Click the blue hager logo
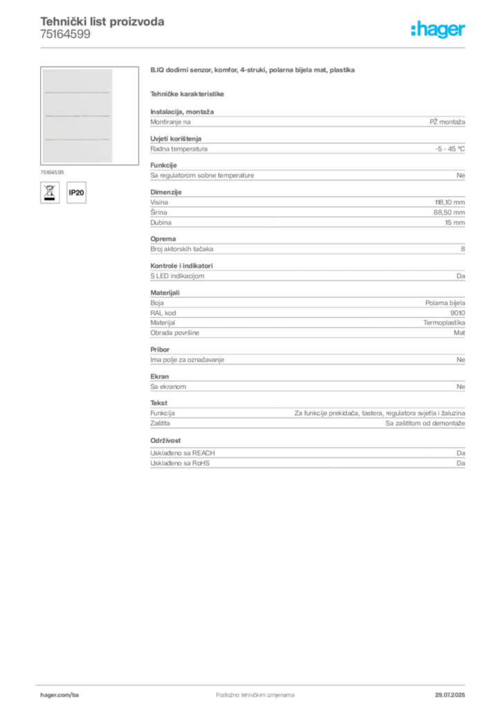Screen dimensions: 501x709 pyautogui.click(x=439, y=30)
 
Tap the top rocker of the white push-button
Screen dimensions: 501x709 pyautogui.click(x=78, y=80)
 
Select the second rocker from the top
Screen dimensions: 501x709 pyautogui.click(x=78, y=104)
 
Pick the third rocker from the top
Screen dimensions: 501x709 pyautogui.click(x=78, y=127)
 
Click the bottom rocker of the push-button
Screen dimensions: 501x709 pyautogui.click(x=78, y=151)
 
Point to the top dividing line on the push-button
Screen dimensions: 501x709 pyautogui.click(x=78, y=92)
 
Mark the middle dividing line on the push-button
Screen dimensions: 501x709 pyautogui.click(x=78, y=116)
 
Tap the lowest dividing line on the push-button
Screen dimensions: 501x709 pyautogui.click(x=78, y=139)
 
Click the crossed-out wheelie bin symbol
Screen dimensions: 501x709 pyautogui.click(x=49, y=190)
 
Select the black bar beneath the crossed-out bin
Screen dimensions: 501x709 pyautogui.click(x=49, y=199)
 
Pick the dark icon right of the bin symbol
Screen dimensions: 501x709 pyautogui.click(x=78, y=192)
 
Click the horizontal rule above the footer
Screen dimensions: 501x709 pyautogui.click(x=255, y=684)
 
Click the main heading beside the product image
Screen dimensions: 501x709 pyautogui.click(x=255, y=71)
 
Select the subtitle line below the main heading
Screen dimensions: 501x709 pyautogui.click(x=188, y=93)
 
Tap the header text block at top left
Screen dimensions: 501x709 pyautogui.click(x=102, y=28)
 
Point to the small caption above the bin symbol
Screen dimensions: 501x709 pyautogui.click(x=53, y=170)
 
